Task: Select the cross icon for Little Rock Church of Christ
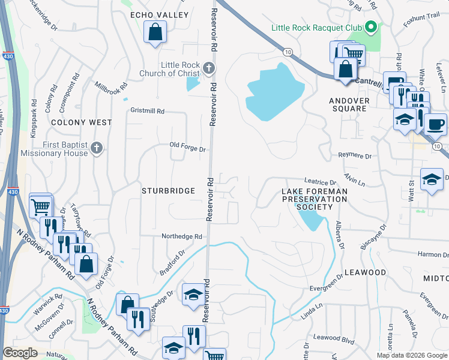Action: point(208,68)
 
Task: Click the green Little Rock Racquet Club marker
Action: point(372,28)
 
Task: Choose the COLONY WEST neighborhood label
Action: point(82,122)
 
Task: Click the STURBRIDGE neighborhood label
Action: point(168,191)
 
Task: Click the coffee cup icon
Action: point(435,124)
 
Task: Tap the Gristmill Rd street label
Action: point(147,112)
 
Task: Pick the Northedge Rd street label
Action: point(182,236)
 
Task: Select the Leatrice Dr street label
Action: point(321,182)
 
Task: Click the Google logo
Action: point(20,352)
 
